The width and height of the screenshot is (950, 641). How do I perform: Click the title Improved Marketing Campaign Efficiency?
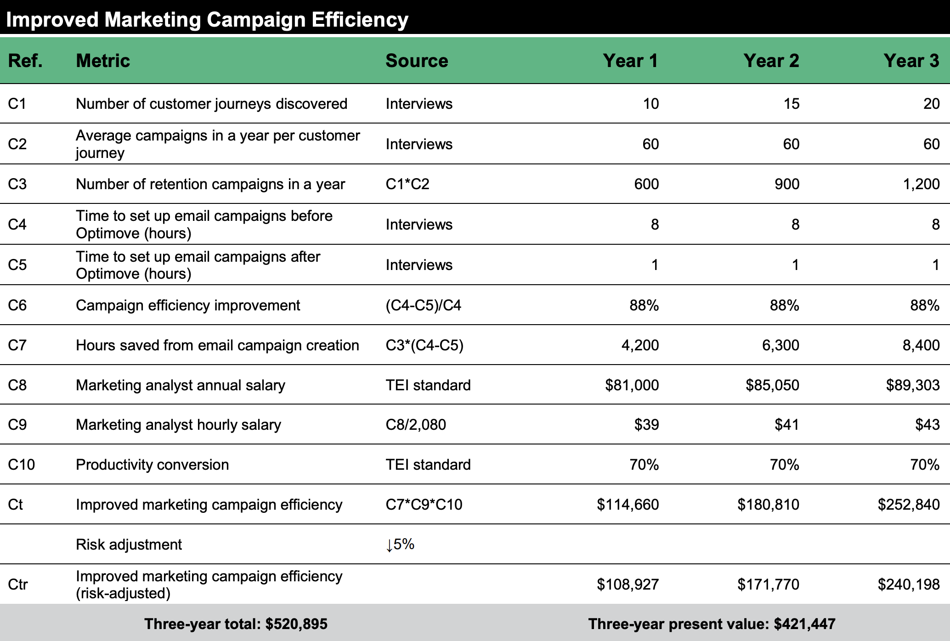point(207,20)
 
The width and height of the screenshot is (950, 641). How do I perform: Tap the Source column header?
point(417,61)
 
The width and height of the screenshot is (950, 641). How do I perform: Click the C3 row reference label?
point(17,184)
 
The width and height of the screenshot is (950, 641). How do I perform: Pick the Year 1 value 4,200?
point(640,345)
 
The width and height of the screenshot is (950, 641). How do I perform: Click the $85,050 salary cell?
point(772,385)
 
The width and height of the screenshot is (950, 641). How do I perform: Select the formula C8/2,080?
point(416,425)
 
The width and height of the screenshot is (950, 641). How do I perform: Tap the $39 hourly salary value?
point(646,425)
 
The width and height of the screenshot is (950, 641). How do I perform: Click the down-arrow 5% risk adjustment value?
point(400,545)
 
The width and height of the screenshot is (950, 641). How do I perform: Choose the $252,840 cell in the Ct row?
point(908,505)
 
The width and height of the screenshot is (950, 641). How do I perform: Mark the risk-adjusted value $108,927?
point(628,585)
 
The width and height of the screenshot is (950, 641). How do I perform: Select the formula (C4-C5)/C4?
point(423,305)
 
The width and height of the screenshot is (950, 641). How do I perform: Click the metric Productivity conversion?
point(152,465)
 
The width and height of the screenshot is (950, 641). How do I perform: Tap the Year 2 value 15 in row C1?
point(791,104)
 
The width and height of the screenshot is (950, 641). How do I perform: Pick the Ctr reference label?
point(18,585)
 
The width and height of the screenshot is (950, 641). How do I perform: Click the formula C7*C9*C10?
point(424,505)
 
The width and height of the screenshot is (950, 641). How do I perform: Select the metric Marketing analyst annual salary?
point(180,385)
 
